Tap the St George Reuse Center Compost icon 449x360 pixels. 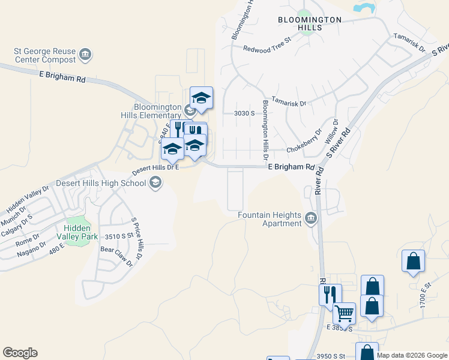[x=85, y=55]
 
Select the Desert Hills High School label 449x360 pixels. [x=101, y=183]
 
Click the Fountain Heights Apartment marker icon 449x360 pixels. [x=311, y=218]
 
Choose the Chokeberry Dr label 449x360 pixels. [x=304, y=140]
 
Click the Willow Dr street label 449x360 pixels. [x=331, y=131]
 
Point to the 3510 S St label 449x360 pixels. [x=118, y=236]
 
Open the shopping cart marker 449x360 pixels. [x=344, y=313]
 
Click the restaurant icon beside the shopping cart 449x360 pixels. [x=330, y=294]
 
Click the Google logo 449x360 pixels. [x=20, y=353]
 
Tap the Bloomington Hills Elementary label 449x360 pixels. [x=157, y=111]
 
